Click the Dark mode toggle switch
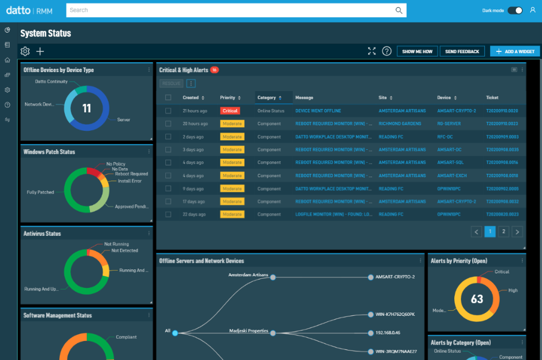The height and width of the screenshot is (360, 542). point(515,10)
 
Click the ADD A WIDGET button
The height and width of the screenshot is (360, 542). point(515,51)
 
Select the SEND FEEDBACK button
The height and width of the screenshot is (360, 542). point(462,51)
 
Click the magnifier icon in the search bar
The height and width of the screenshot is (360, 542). point(399,10)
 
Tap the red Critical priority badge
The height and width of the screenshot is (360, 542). point(230,111)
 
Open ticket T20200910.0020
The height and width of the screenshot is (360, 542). point(502,111)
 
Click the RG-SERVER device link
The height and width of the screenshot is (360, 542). point(449,124)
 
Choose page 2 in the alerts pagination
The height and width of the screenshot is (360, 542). point(503,231)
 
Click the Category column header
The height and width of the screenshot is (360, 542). point(267,98)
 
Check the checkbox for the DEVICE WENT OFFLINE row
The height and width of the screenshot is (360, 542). point(168,111)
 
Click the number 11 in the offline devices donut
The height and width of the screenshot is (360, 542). point(87,108)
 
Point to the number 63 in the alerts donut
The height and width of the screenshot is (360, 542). point(477,299)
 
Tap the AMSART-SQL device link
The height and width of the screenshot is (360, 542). point(450,162)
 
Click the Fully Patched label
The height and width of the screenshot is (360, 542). point(40,192)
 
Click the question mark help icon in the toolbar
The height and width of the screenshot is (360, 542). point(387,51)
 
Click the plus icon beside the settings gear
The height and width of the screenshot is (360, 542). point(40,51)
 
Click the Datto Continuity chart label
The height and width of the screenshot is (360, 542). point(51,82)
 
